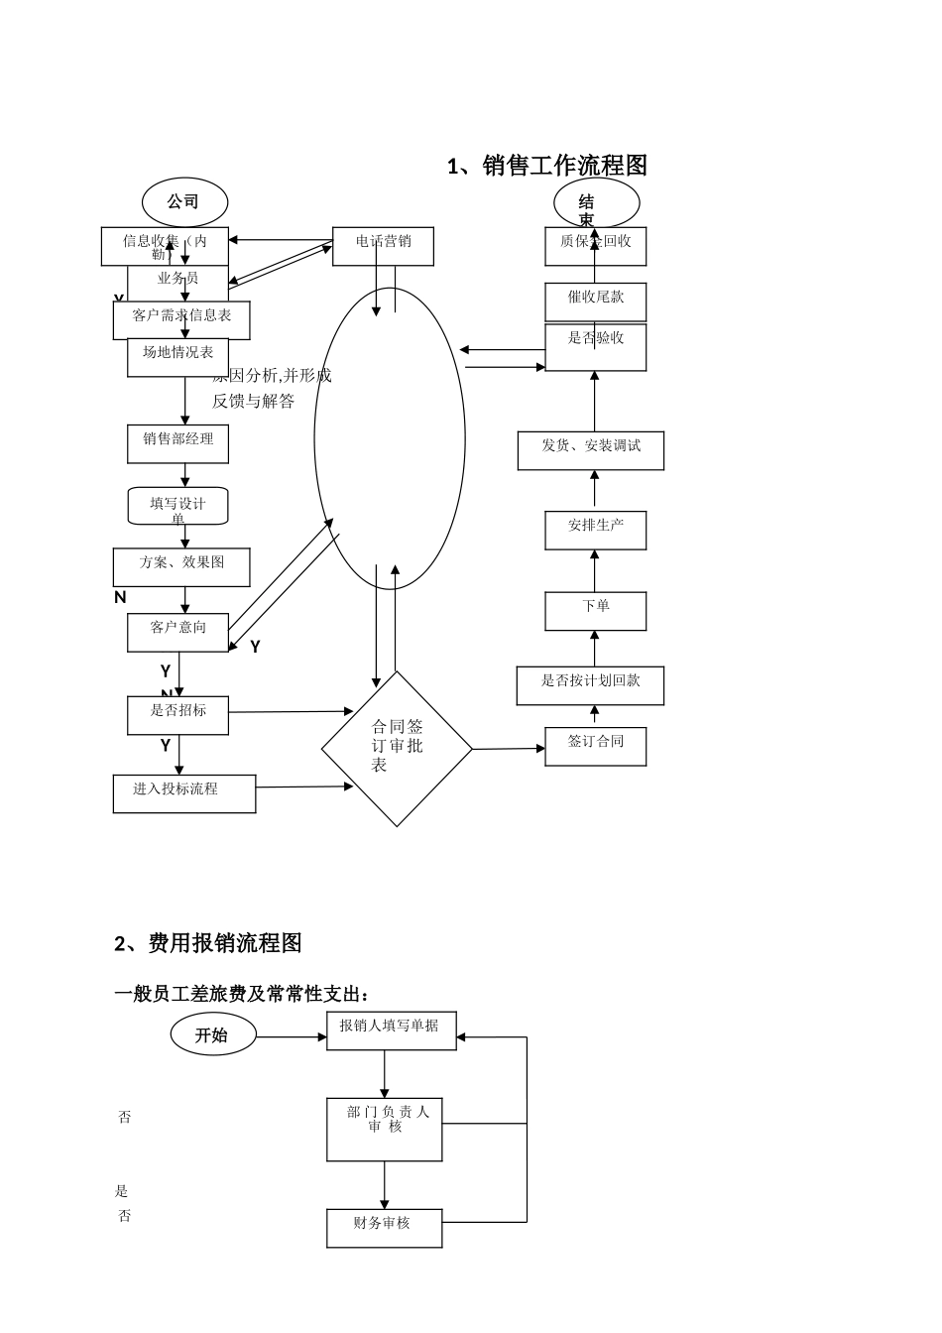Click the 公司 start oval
pyautogui.click(x=184, y=202)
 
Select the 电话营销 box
pyautogui.click(x=383, y=247)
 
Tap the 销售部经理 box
pyautogui.click(x=177, y=444)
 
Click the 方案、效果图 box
pyautogui.click(x=181, y=567)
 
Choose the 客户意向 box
pyautogui.click(x=177, y=633)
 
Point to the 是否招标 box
pyautogui.click(x=177, y=716)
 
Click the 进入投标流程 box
pyautogui.click(x=183, y=794)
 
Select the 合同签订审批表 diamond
pyautogui.click(x=397, y=749)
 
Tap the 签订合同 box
pyautogui.click(x=595, y=747)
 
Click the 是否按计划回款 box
pyautogui.click(x=590, y=686)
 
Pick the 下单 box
pyautogui.click(x=595, y=611)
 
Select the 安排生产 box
pyautogui.click(x=595, y=531)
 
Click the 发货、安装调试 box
pyautogui.click(x=590, y=451)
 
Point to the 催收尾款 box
pyautogui.click(x=595, y=303)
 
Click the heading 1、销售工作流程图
pyautogui.click(x=547, y=166)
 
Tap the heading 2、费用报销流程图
pyautogui.click(x=208, y=943)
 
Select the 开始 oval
pyautogui.click(x=213, y=1034)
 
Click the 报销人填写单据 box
pyautogui.click(x=391, y=1031)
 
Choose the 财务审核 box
pyautogui.click(x=384, y=1228)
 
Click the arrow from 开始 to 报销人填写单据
pyautogui.click(x=292, y=1037)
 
